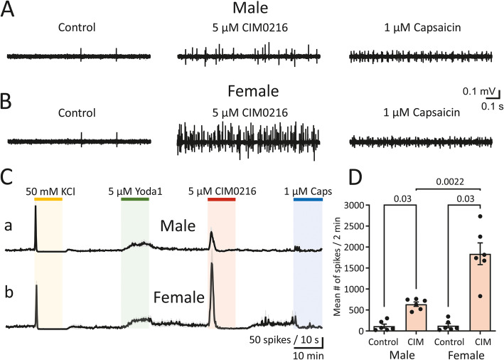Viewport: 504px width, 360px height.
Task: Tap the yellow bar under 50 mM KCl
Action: click(x=48, y=199)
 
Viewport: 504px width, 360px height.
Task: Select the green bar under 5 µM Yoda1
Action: click(x=135, y=199)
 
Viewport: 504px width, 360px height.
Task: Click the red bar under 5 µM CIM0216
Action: click(x=222, y=199)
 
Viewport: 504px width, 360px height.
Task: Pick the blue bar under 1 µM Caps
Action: click(x=309, y=199)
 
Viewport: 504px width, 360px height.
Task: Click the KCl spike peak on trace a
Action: click(x=36, y=226)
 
